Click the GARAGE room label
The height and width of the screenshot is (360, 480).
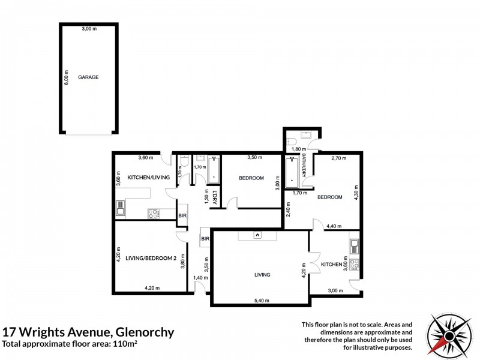tap(88, 77)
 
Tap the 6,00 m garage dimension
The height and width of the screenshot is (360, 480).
tap(67, 77)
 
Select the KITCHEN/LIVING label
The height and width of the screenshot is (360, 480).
tap(148, 177)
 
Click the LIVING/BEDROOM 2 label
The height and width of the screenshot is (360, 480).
tap(151, 258)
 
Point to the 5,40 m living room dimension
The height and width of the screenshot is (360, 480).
tap(262, 301)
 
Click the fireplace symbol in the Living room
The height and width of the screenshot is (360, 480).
tap(257, 235)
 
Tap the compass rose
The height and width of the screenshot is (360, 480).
tap(449, 336)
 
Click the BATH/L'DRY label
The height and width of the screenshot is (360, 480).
tap(304, 166)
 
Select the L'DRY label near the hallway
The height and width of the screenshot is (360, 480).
tap(214, 198)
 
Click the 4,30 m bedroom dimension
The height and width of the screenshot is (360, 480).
tap(356, 193)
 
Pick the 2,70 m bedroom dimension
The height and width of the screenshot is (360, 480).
tap(339, 158)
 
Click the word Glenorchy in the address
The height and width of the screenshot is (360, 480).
tap(145, 332)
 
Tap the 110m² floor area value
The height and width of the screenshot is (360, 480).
tap(125, 343)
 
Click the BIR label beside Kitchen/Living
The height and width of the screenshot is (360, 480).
tap(182, 216)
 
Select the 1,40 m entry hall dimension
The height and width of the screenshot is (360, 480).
tap(200, 278)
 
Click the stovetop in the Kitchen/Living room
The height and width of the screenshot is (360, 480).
tap(154, 214)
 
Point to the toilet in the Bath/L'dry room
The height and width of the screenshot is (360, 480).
tap(291, 142)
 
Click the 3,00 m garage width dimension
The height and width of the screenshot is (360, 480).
tap(89, 29)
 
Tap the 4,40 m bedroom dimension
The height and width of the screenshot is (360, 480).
tap(334, 226)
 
